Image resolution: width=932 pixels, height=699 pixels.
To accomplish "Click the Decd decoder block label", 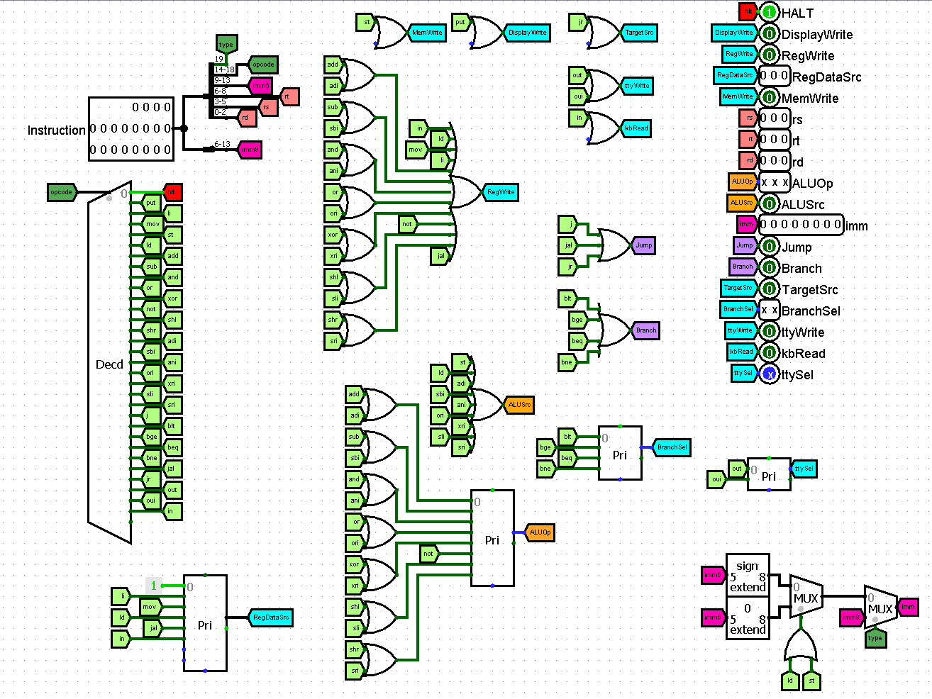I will coord(109,364).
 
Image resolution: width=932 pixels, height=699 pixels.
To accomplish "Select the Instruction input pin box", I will coord(131,128).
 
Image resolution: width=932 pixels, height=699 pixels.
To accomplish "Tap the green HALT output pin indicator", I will coord(769,12).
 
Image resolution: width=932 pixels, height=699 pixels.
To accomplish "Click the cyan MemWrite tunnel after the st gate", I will coord(427,33).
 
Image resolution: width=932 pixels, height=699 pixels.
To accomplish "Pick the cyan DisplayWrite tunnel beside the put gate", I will coord(527,33).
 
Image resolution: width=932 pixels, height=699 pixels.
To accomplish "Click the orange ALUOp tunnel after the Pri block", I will coord(540,532).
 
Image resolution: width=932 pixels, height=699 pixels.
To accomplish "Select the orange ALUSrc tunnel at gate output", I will coord(519,405).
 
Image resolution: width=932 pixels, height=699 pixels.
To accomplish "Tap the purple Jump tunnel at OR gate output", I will coord(643,245).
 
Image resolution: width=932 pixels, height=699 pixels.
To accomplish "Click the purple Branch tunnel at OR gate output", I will coord(645,330).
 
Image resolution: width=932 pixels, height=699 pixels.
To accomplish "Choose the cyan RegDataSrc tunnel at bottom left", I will coord(270,617).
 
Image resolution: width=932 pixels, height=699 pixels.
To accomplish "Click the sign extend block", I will coord(748,576).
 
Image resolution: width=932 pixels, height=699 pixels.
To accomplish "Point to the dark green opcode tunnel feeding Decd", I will coord(62,192).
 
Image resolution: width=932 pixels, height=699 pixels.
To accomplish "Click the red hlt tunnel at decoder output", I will coord(172,192).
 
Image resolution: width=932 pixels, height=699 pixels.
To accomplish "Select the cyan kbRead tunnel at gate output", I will coord(636,128).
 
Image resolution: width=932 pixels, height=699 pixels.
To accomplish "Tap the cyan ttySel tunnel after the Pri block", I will coord(804,469).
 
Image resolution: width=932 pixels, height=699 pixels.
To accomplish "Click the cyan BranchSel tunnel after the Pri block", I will coord(672,447).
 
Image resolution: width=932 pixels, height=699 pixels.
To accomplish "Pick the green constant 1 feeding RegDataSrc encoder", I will coord(154,586).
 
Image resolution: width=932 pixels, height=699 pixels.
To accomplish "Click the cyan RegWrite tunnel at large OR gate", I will coord(501,192).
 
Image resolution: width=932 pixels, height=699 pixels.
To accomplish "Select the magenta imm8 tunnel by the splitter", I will coord(250,150).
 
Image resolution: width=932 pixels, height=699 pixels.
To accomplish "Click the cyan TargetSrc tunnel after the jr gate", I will coord(639,33).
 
